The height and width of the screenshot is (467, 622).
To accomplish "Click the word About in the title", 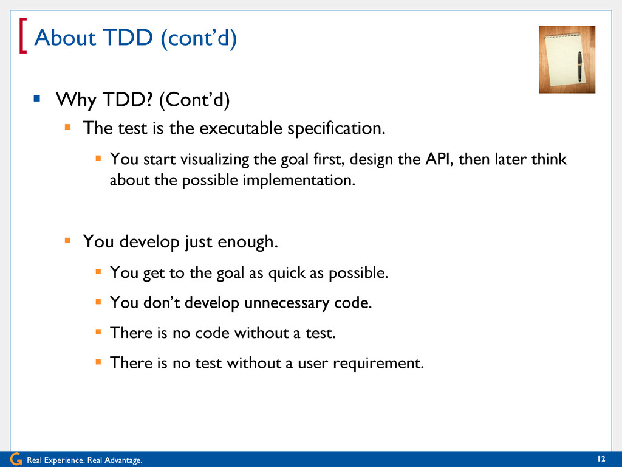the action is [x=65, y=37].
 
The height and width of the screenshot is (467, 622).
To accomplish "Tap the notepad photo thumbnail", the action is [x=567, y=60].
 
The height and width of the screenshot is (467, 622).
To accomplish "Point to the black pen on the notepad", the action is [x=579, y=67].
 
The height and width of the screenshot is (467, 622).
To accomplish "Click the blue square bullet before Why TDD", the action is [x=37, y=98].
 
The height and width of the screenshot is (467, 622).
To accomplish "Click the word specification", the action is [x=337, y=129].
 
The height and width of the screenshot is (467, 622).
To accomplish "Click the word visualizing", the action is [x=214, y=159].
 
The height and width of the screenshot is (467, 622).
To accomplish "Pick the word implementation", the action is [x=299, y=180].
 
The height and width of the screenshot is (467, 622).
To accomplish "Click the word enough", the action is [x=248, y=242].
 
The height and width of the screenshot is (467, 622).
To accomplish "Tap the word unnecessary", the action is [x=287, y=303].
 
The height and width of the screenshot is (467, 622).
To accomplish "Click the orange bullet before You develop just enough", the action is [x=67, y=240].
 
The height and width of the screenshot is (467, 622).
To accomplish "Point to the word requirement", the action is [x=378, y=364].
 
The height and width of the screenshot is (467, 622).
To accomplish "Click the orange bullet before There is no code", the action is [x=98, y=331].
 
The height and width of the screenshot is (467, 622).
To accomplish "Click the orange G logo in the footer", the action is [x=16, y=459].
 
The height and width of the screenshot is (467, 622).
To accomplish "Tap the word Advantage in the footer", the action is [x=123, y=460].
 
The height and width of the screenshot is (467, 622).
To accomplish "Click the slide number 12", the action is [x=601, y=458].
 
